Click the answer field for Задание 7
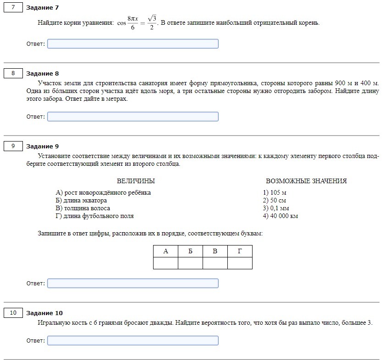click(132, 44)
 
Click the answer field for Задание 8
click(132, 117)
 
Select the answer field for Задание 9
click(132, 284)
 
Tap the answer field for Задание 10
click(132, 341)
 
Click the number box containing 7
click(13, 7)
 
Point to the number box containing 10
click(13, 313)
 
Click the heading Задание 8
click(43, 73)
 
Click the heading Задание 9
click(43, 146)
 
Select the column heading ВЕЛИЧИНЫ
click(136, 181)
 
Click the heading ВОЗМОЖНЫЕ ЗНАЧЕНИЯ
click(306, 181)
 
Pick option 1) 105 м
click(275, 193)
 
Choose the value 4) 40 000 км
click(280, 216)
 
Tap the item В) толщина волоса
click(82, 208)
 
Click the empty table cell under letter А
click(165, 263)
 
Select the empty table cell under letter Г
click(240, 263)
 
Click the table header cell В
click(215, 251)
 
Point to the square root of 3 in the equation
click(153, 18)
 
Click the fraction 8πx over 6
click(132, 23)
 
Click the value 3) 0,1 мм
click(276, 208)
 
